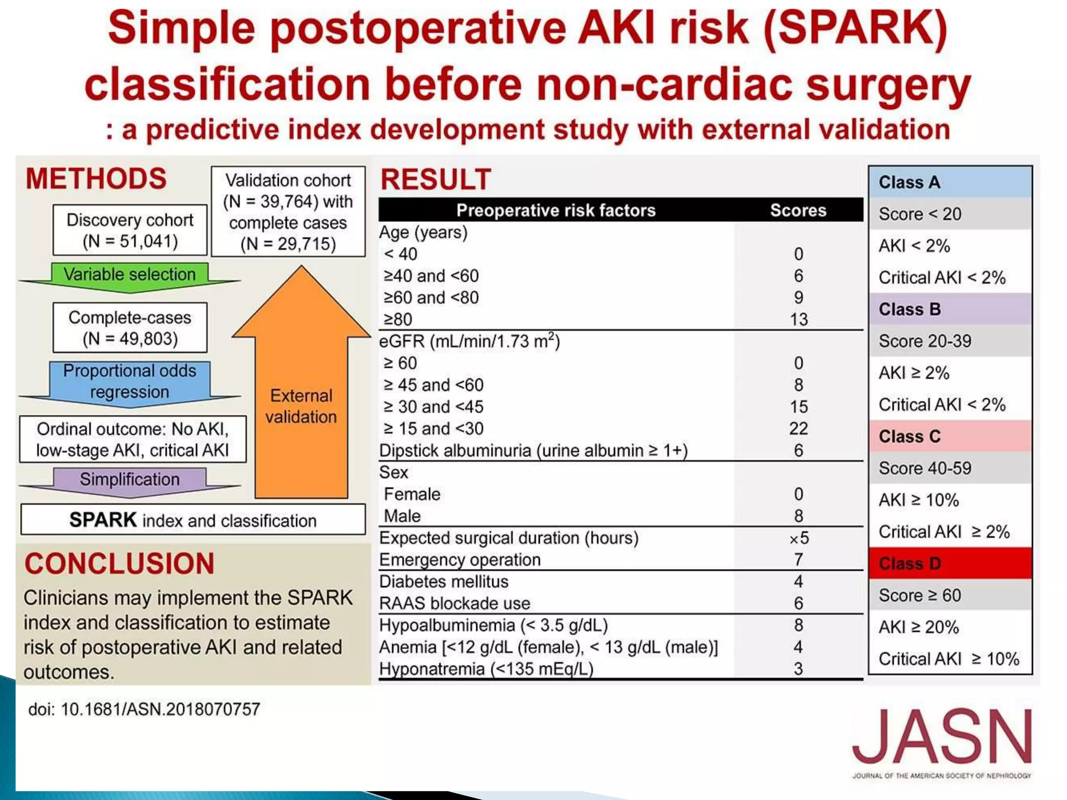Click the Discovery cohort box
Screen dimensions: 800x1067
[x=130, y=230]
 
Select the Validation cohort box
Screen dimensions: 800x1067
[x=288, y=211]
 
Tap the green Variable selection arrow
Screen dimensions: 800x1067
[x=130, y=274]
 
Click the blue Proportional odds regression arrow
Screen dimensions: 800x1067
[x=130, y=381]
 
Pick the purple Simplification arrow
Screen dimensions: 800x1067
[x=130, y=479]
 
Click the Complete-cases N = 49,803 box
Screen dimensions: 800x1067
[x=130, y=328]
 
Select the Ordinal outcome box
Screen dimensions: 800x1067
[x=133, y=439]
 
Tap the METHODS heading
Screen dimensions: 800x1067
[x=96, y=179]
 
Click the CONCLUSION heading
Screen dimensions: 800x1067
[x=119, y=564]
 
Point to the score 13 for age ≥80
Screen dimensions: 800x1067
[x=798, y=319]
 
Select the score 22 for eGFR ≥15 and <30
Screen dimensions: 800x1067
[x=798, y=429]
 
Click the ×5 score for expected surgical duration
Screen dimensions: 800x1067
[x=798, y=538]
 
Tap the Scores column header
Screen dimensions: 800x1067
[x=798, y=210]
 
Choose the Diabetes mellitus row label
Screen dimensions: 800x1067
[x=444, y=582]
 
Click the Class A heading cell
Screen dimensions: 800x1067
[x=950, y=182]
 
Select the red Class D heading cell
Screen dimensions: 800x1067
[x=950, y=564]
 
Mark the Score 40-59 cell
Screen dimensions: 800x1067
[x=950, y=468]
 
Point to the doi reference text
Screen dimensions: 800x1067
[x=144, y=709]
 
